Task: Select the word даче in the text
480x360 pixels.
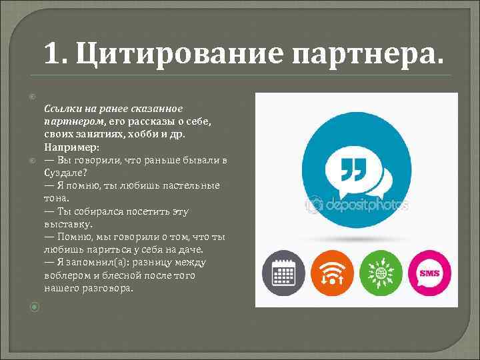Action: [189, 249]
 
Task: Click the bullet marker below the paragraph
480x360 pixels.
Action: [35, 307]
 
